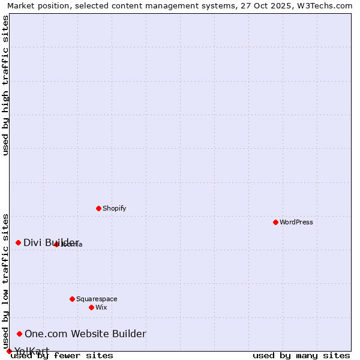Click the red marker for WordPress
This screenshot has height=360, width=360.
(275, 222)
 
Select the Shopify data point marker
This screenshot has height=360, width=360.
(98, 208)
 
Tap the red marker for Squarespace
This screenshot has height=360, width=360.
(72, 299)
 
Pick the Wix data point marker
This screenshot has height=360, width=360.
(91, 307)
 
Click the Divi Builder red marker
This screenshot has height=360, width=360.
(18, 242)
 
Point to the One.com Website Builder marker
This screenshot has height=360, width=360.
(19, 334)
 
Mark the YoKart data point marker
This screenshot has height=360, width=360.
(9, 351)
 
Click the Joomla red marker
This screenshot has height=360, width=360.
(56, 244)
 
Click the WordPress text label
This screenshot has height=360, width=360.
(296, 222)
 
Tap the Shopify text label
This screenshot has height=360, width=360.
(114, 208)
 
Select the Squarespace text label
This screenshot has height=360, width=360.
(97, 299)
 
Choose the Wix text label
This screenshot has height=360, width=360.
(101, 307)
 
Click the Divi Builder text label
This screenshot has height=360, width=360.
(51, 242)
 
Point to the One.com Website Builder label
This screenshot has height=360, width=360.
(85, 334)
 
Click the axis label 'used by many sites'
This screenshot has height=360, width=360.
(301, 356)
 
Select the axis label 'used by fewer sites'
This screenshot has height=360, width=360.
(62, 356)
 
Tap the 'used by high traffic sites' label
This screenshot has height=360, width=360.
(6, 85)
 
